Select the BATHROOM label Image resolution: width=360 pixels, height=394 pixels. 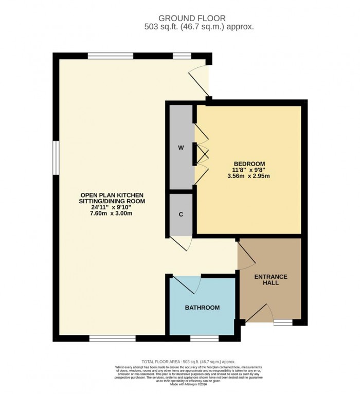pyautogui.click(x=202, y=308)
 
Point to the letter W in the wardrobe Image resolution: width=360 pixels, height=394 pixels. pyautogui.click(x=181, y=148)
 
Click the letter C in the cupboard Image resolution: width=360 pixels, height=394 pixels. pyautogui.click(x=181, y=215)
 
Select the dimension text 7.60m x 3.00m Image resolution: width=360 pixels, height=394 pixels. pyautogui.click(x=111, y=214)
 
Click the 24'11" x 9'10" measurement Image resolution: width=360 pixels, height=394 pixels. pyautogui.click(x=111, y=207)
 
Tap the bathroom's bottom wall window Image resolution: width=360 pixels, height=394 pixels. pyautogui.click(x=204, y=338)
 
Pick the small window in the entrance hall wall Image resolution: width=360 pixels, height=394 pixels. pyautogui.click(x=282, y=323)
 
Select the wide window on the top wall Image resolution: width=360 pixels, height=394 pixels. pyautogui.click(x=111, y=56)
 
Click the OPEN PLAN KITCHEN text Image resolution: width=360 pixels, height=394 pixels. pyautogui.click(x=111, y=194)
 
